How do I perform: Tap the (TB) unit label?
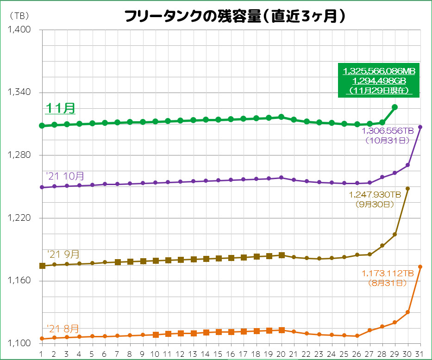click(19, 15)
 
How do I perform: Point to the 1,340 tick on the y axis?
click(19, 93)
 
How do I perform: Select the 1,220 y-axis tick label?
click(19, 218)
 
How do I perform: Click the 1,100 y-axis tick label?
click(19, 343)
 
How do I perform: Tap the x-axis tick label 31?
click(420, 354)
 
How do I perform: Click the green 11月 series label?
click(60, 108)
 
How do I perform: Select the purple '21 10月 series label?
click(65, 176)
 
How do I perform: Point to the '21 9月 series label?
click(63, 254)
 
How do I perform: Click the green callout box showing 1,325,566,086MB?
click(379, 80)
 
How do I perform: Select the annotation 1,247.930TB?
click(375, 195)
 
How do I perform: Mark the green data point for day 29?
click(395, 107)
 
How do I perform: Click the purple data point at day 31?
click(420, 127)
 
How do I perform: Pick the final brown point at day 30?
click(407, 189)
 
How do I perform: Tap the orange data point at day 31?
click(420, 267)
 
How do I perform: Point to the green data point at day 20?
click(281, 117)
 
